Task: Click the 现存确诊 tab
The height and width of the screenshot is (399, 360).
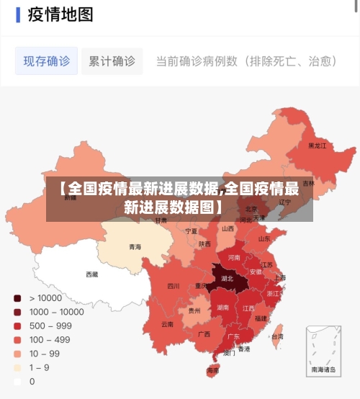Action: (47, 61)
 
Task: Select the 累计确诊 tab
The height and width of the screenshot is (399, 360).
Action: (112, 61)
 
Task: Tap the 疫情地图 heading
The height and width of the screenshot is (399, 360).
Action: (60, 14)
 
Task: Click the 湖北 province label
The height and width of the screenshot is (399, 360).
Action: (227, 278)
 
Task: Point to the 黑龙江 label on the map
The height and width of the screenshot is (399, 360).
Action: (317, 145)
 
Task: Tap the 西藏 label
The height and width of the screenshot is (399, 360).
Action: (92, 274)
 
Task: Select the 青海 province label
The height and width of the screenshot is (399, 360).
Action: (135, 247)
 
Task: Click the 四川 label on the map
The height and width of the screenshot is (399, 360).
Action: (174, 286)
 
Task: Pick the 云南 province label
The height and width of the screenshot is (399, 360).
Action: (167, 324)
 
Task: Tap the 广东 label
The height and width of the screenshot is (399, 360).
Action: (234, 336)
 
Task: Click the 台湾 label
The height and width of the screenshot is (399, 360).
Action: (276, 336)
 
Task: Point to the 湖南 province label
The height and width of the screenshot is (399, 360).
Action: (223, 307)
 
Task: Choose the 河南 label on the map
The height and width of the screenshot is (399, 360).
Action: (234, 257)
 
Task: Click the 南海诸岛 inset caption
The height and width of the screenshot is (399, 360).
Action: (323, 369)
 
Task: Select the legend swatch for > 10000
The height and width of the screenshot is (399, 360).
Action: (17, 297)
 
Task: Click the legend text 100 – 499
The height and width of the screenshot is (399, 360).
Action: (50, 339)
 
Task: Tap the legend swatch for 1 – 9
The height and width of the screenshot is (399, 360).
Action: (17, 367)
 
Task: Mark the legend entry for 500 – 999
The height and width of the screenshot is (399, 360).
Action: (50, 326)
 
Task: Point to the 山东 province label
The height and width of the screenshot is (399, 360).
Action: (264, 238)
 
